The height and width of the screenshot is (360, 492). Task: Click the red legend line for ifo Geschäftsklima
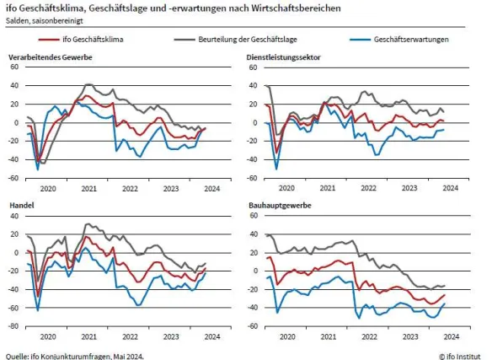pyautogui.click(x=49, y=40)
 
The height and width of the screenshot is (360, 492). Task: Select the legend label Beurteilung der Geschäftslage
pyautogui.click(x=248, y=40)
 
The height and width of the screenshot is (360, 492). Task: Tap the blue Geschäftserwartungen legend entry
pyautogui.click(x=360, y=40)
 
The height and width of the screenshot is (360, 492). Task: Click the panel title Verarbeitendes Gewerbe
pyautogui.click(x=51, y=57)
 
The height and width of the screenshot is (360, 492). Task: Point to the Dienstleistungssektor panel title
pyautogui.click(x=283, y=57)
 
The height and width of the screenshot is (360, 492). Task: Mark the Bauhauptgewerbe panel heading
pyautogui.click(x=280, y=206)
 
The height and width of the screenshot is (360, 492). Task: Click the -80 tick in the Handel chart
pyautogui.click(x=13, y=326)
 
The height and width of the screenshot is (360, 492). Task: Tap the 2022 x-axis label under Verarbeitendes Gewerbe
pyautogui.click(x=130, y=189)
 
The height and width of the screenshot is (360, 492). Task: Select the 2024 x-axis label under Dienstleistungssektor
pyautogui.click(x=450, y=188)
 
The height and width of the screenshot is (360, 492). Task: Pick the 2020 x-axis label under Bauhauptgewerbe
pyautogui.click(x=287, y=337)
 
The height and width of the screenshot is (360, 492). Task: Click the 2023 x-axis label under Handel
pyautogui.click(x=171, y=337)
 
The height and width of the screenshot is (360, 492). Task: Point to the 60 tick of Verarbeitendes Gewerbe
pyautogui.click(x=14, y=67)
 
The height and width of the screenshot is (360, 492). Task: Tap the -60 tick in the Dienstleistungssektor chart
pyautogui.click(x=252, y=178)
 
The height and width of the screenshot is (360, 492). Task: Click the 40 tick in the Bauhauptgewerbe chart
pyautogui.click(x=254, y=234)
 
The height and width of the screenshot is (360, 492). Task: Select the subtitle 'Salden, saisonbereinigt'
pyautogui.click(x=45, y=21)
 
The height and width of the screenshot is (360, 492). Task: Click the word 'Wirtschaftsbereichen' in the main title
pyautogui.click(x=296, y=8)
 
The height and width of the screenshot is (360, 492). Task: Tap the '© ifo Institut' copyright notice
pyautogui.click(x=460, y=357)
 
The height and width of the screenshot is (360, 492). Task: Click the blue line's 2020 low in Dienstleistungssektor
pyautogui.click(x=276, y=169)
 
